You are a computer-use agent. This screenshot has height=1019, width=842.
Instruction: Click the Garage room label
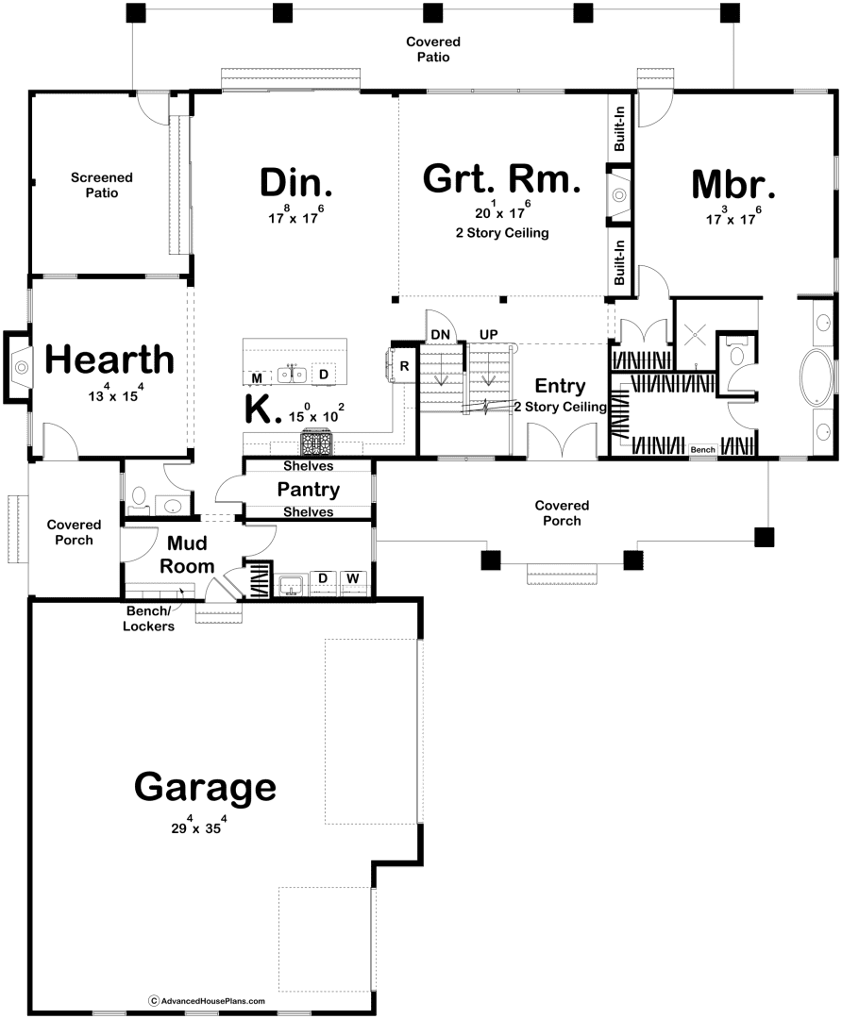(x=205, y=786)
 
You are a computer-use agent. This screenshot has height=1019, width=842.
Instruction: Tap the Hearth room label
(x=109, y=359)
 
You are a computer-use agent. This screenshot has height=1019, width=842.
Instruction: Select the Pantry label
(x=308, y=490)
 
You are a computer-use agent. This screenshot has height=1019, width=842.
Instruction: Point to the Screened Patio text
(x=101, y=185)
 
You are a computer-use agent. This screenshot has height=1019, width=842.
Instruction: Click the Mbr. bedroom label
(x=733, y=184)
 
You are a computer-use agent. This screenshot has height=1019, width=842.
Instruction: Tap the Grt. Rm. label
(x=500, y=178)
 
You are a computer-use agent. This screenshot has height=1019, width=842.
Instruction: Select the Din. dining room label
(x=295, y=180)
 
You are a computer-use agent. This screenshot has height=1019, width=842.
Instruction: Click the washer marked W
(x=352, y=577)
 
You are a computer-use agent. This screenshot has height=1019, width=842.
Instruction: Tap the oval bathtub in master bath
(x=817, y=378)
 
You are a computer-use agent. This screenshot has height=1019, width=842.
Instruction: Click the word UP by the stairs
(x=488, y=334)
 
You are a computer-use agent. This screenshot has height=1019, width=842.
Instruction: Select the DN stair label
(x=440, y=334)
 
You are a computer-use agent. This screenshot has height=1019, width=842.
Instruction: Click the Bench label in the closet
(x=702, y=450)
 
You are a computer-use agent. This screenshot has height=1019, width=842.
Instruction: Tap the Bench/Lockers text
(x=150, y=618)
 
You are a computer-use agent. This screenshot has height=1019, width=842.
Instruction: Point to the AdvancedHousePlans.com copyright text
(x=207, y=1000)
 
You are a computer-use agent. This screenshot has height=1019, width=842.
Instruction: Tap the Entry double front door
(x=561, y=442)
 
